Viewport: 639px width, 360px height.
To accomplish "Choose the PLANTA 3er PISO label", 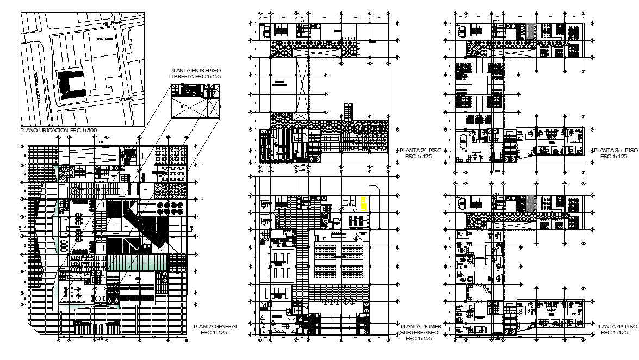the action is (x=615, y=153).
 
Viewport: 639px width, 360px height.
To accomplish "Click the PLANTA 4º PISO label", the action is (x=616, y=329).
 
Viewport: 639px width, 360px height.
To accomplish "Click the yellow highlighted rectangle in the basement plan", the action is (x=363, y=203).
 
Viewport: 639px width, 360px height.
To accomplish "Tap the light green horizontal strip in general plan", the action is (x=137, y=263).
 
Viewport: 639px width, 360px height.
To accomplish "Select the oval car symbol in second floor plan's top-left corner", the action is (x=266, y=31).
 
